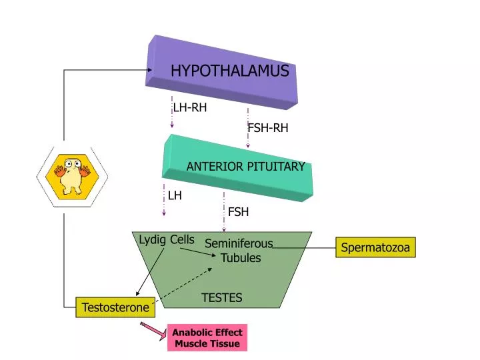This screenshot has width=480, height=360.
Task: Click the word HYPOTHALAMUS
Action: (x=229, y=71)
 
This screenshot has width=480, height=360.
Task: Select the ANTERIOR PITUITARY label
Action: (x=245, y=167)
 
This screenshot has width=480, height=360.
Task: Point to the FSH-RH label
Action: (x=268, y=128)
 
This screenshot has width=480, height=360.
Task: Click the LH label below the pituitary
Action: (x=175, y=196)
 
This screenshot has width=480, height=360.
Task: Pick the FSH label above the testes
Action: (x=238, y=212)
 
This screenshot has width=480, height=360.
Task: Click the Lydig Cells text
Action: (x=167, y=239)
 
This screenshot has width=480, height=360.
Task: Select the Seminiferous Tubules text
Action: (x=239, y=251)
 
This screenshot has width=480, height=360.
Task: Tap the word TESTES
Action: (x=222, y=297)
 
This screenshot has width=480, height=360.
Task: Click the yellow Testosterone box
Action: (x=116, y=307)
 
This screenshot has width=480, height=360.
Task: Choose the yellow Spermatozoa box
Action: (x=375, y=247)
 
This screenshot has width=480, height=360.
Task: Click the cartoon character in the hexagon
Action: (x=72, y=175)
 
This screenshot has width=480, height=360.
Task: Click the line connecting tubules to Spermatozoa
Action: (x=303, y=248)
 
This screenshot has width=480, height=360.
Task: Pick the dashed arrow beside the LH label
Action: (x=164, y=200)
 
